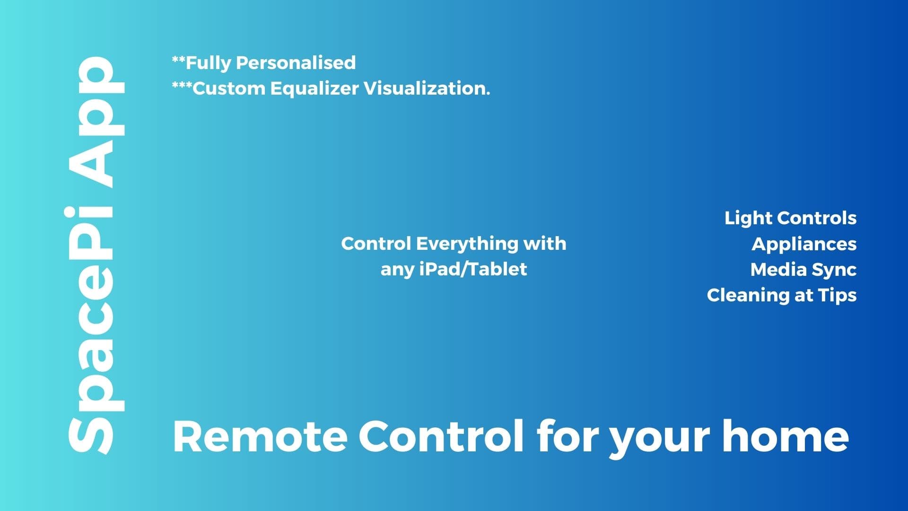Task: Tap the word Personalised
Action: point(296,62)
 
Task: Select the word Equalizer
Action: point(314,89)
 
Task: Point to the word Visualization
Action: point(427,88)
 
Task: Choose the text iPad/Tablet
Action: point(473,269)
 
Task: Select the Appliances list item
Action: point(804,245)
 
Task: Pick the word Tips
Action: point(837,296)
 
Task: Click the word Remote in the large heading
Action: point(260,436)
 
